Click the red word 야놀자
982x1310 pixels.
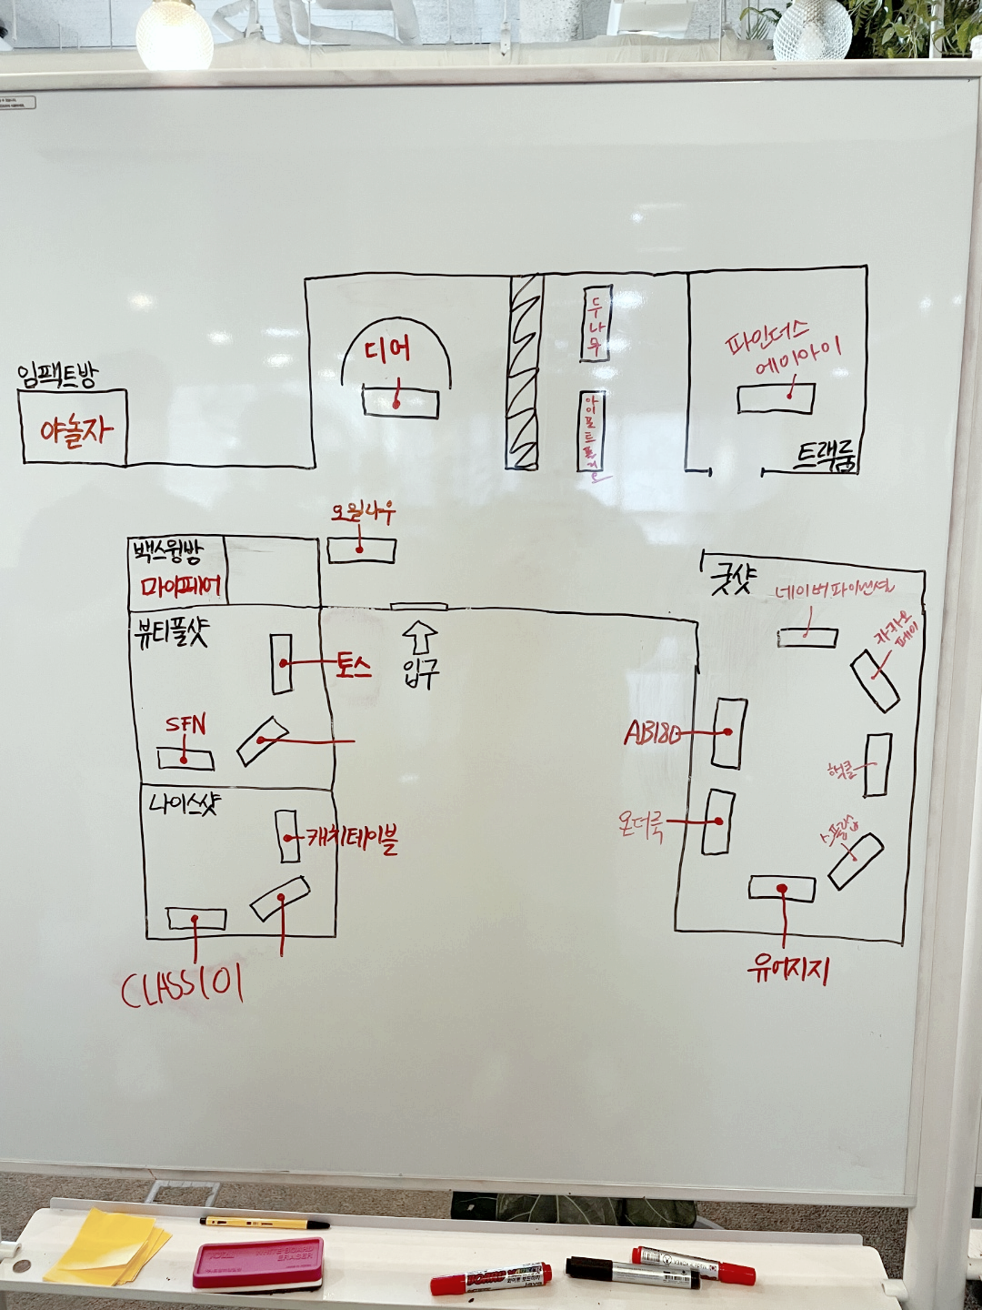coord(76,429)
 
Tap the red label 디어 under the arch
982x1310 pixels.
coord(386,349)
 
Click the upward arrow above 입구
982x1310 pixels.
coord(419,636)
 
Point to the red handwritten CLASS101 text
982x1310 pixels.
coord(182,988)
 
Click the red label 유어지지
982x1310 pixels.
coord(787,971)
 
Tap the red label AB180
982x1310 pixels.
coord(652,733)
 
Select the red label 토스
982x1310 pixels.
coord(354,666)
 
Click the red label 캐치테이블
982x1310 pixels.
coord(352,837)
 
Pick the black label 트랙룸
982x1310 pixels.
coord(827,456)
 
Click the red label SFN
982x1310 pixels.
coord(185,725)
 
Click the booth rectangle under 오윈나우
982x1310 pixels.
coord(361,550)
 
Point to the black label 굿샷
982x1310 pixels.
coord(732,579)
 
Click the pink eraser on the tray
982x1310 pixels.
coord(258,1263)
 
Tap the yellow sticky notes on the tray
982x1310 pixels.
coord(106,1245)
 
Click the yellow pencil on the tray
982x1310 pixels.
coord(265,1223)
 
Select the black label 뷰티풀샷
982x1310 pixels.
coord(171,632)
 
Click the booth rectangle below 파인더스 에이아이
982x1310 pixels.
coord(776,398)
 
